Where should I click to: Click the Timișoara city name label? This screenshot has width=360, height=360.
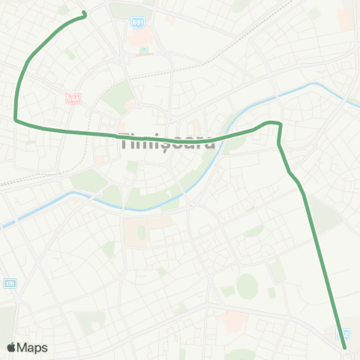coord(167,141)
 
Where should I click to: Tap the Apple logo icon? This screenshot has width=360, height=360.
coord(12,347)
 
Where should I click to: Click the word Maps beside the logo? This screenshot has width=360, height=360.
coord(33,347)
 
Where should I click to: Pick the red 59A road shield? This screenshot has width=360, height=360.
coord(72,98)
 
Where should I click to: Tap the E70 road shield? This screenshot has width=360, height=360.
coord(10,283)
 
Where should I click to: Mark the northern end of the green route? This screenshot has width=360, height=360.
coord(84,13)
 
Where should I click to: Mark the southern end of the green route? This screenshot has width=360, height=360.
coord(344,347)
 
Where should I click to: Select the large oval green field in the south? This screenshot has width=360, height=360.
coord(247,284)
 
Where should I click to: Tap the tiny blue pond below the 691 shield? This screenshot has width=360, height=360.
coord(143,50)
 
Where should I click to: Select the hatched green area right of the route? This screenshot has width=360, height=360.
coord(325,214)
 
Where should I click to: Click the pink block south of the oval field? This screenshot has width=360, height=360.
coord(234,322)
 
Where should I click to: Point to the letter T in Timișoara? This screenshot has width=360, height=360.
coord(124,140)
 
